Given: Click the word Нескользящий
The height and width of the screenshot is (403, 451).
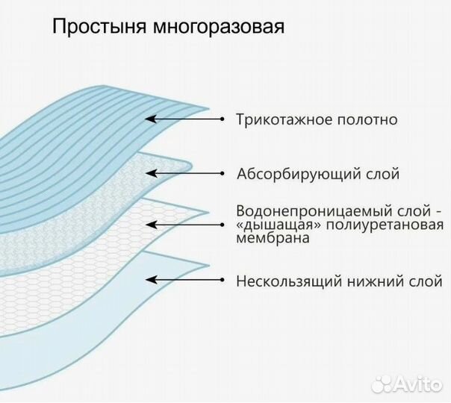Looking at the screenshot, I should (x=282, y=282).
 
